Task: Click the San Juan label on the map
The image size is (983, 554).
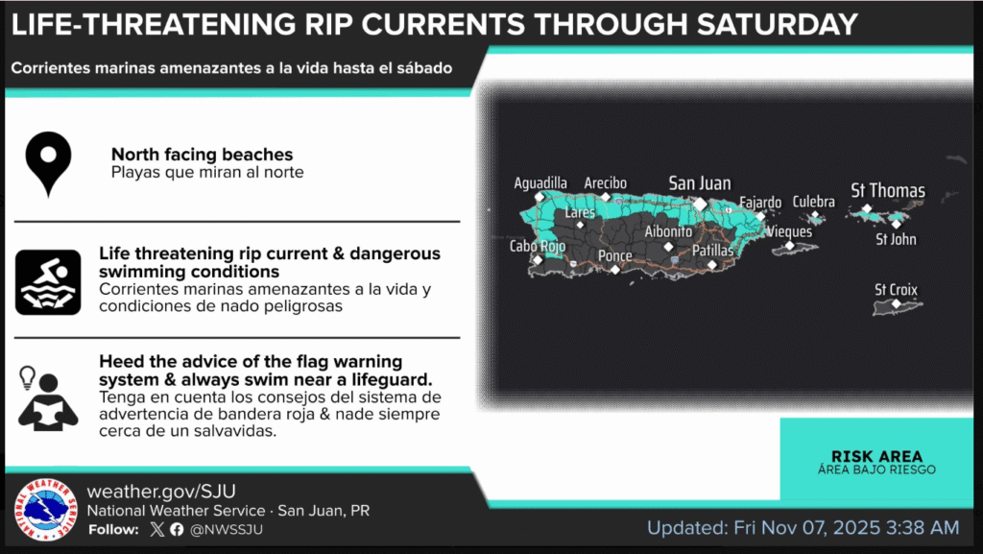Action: point(700,183)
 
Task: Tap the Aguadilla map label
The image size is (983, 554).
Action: point(540,183)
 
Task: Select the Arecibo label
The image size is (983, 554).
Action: point(606,183)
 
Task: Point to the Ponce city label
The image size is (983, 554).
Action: point(615,255)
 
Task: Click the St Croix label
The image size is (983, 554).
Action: point(896,290)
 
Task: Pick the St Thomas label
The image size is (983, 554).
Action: point(888,190)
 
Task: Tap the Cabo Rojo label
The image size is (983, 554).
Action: point(538,247)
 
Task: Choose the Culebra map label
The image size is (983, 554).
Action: point(814,202)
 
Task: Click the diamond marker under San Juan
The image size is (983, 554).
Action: point(700,205)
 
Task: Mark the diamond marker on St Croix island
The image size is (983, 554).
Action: point(897,304)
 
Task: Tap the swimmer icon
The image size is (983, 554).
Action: point(48,282)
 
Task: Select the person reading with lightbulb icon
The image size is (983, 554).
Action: point(47,398)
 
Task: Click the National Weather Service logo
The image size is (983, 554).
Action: point(46,510)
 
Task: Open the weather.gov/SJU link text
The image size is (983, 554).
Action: point(161,492)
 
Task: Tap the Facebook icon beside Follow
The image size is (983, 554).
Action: point(177,530)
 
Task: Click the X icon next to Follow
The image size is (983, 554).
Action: point(157,530)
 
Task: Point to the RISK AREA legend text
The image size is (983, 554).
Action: point(876,456)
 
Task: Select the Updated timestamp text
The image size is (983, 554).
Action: point(803,528)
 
